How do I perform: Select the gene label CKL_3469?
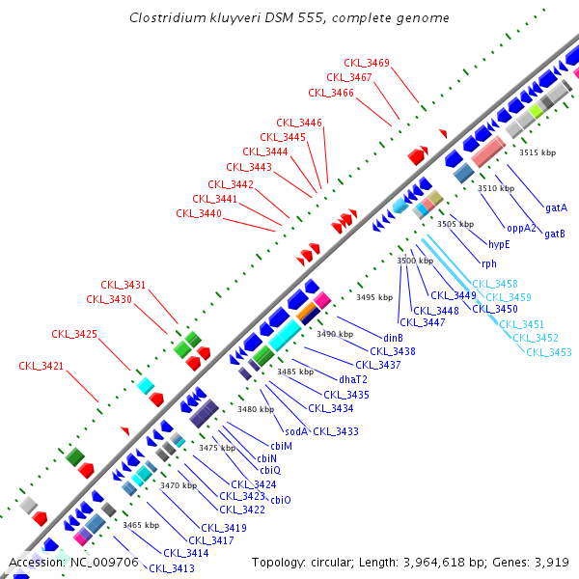pyautogui.click(x=372, y=63)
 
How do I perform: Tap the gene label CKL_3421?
pyautogui.click(x=41, y=366)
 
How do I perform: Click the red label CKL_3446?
pyautogui.click(x=299, y=123)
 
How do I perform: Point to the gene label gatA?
pyautogui.click(x=556, y=207)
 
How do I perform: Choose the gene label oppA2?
pyautogui.click(x=522, y=228)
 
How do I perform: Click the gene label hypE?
pyautogui.click(x=499, y=245)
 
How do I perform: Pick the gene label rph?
pyautogui.click(x=489, y=263)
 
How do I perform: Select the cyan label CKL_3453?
pyautogui.click(x=549, y=352)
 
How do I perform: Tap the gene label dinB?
pyautogui.click(x=393, y=338)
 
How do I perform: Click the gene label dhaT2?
pyautogui.click(x=354, y=378)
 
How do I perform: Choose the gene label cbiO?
pyautogui.click(x=280, y=499)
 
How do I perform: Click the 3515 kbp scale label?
pyautogui.click(x=538, y=152)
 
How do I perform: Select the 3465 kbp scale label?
pyautogui.click(x=141, y=525)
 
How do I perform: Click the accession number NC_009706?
pyautogui.click(x=100, y=562)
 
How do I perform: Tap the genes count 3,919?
pyautogui.click(x=553, y=562)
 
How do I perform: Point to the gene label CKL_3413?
pyautogui.click(x=171, y=568)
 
